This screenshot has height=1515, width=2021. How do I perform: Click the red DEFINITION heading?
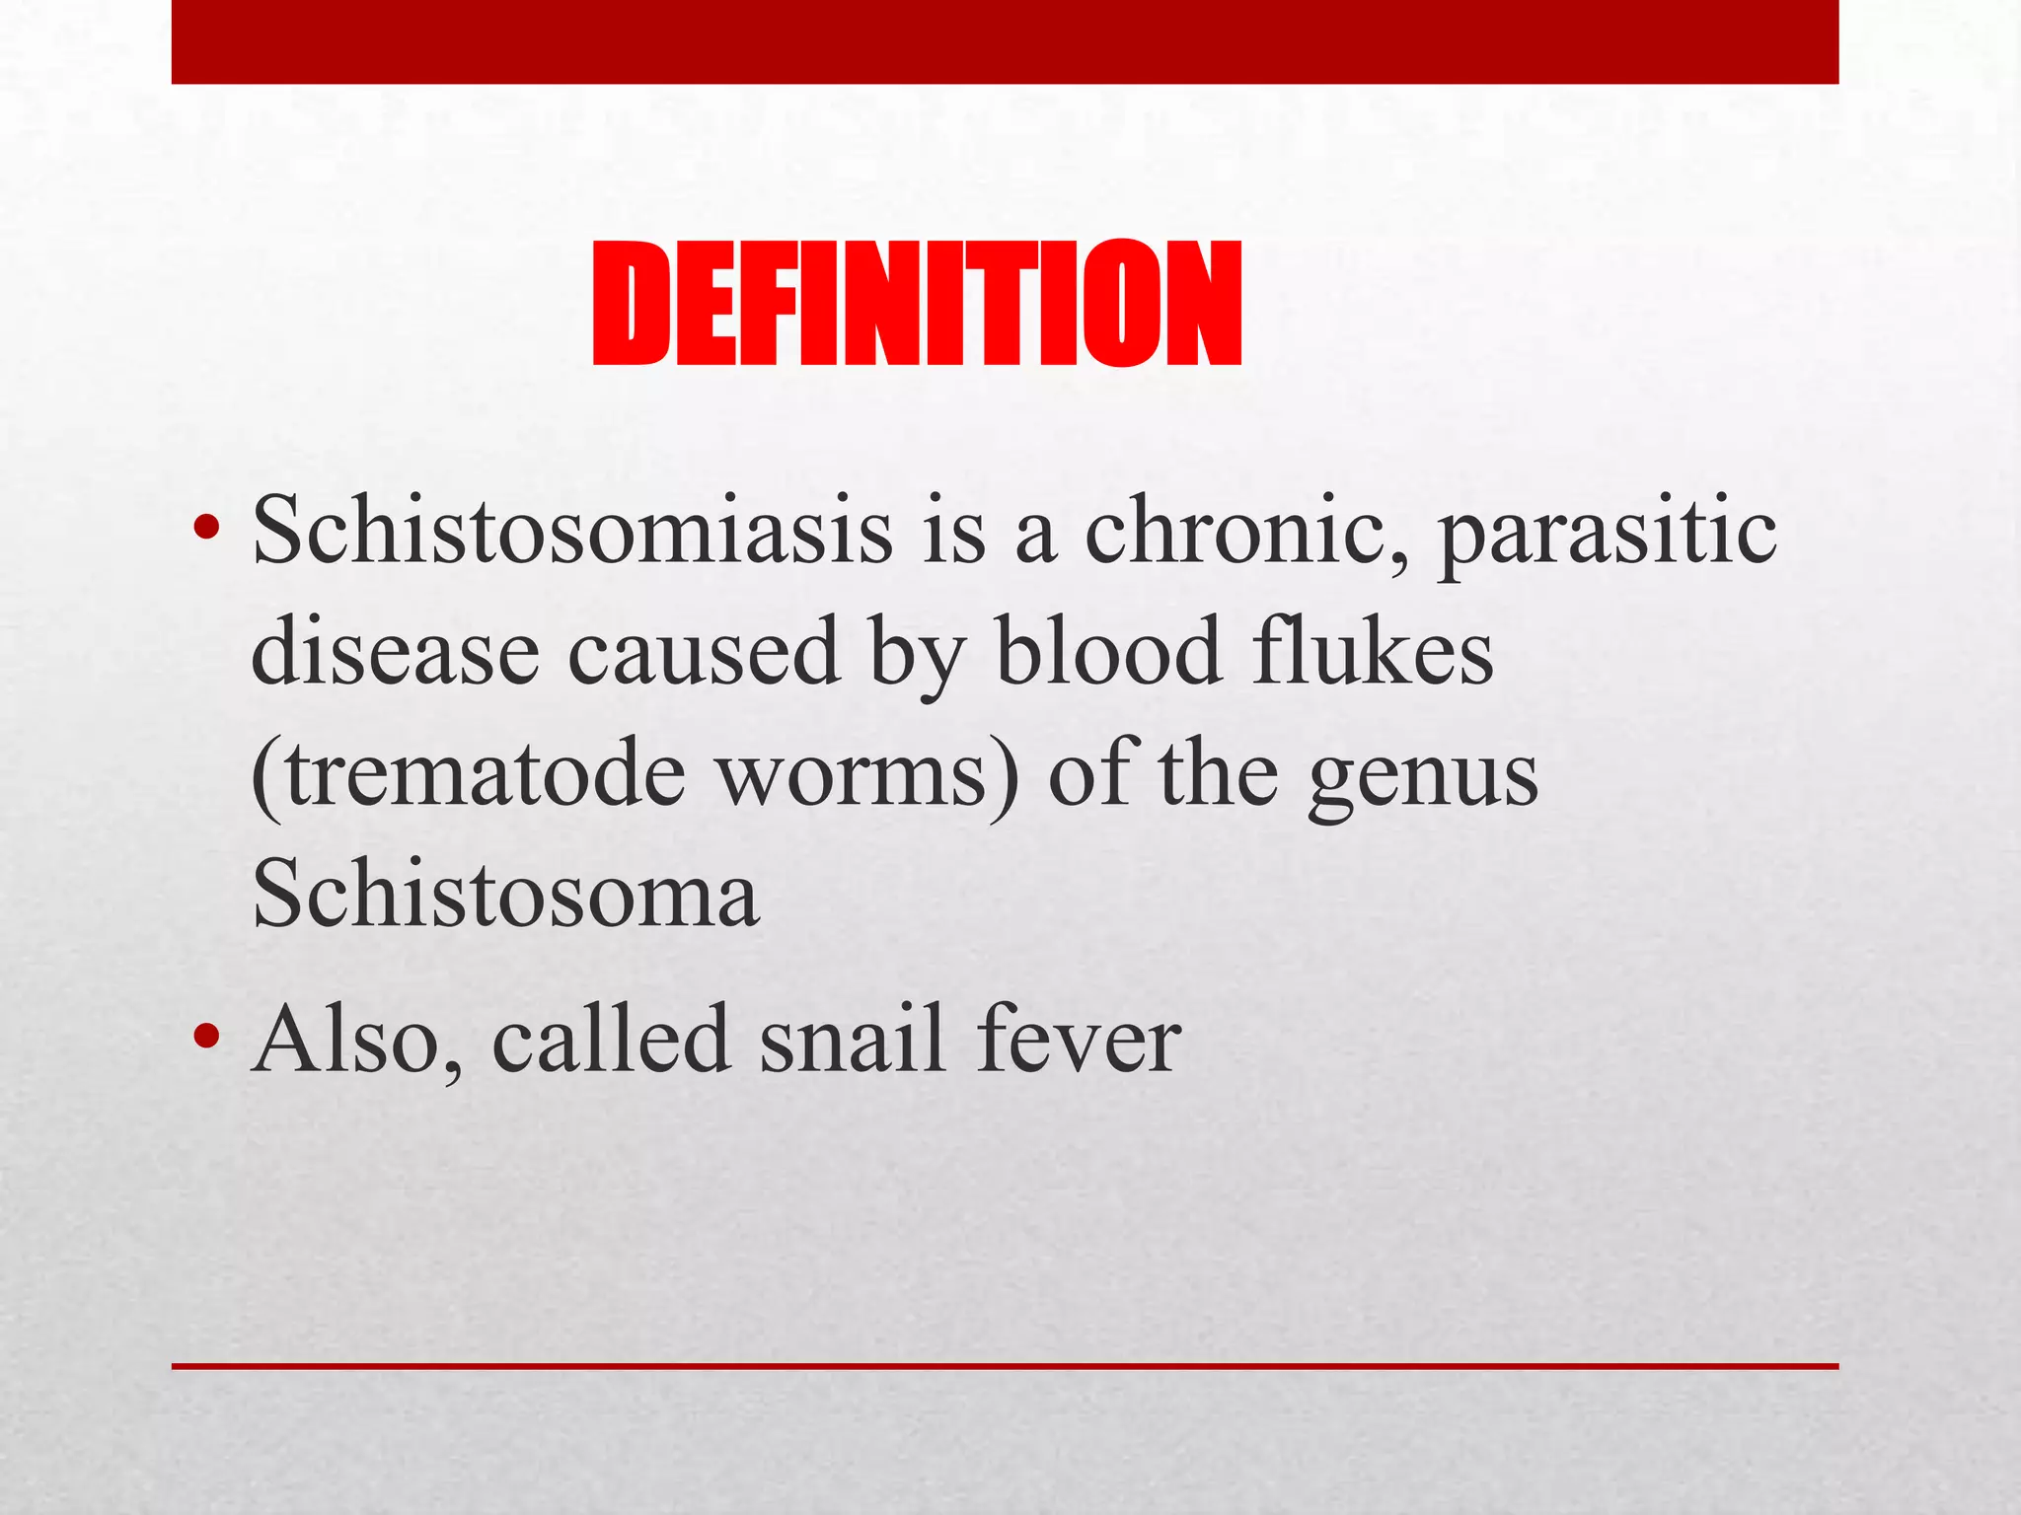tap(916, 305)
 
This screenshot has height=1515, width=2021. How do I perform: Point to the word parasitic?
tap(1607, 533)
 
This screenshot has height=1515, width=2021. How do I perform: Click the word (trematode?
tap(469, 774)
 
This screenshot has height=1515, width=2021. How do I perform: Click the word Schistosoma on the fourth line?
tap(505, 893)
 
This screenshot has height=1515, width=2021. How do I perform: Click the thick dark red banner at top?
tap(1005, 41)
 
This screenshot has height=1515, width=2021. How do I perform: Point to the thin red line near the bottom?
tap(1005, 1366)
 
